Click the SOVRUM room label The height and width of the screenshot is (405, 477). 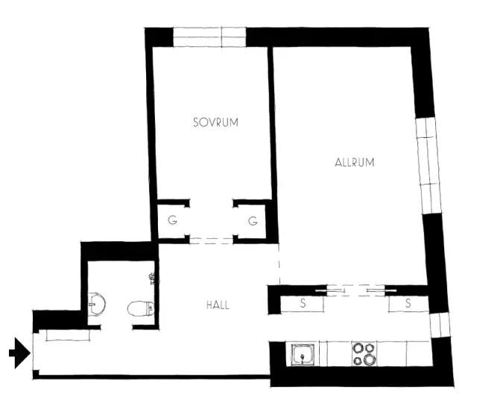coord(215,122)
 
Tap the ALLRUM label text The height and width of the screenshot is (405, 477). coord(355,162)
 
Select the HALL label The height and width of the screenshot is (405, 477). coord(218,305)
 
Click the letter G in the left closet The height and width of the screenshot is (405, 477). coord(172,220)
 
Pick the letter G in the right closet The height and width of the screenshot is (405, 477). coord(253,220)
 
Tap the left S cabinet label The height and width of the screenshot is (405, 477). coord(303,303)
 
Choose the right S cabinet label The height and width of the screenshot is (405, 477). coord(408,303)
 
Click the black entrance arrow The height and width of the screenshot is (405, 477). coord(19,353)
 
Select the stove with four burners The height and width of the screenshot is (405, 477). coord(364,354)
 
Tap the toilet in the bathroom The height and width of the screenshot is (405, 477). coord(141,308)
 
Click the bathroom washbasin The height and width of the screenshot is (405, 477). coord(97,304)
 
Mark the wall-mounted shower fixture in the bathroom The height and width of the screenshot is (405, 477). coord(154,278)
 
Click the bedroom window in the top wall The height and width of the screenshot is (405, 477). coord(209,37)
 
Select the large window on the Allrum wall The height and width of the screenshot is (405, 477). coord(429,165)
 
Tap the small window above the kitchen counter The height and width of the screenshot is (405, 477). coord(440,325)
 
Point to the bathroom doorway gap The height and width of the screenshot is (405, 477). coord(116,328)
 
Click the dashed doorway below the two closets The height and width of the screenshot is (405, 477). coord(212,240)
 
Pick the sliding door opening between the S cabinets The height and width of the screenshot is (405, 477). coord(356,290)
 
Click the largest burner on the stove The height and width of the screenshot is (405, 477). coord(370,360)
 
